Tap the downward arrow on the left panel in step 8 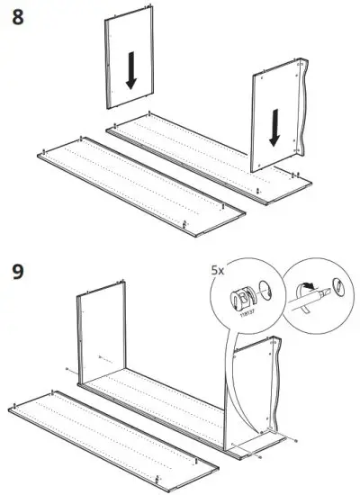tap(131, 70)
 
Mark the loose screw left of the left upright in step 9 tap(67, 370)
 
